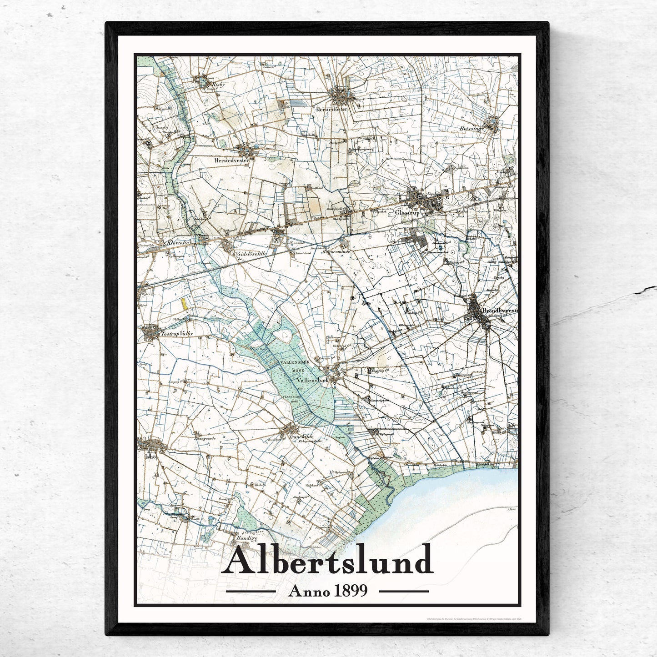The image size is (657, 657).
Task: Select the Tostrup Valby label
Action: (x=176, y=333)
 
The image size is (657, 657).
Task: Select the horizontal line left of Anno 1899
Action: (x=251, y=591)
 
